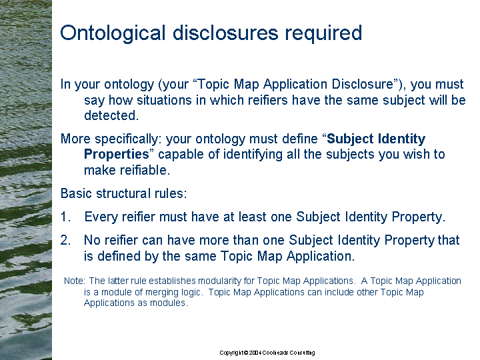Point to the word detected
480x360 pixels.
(111, 115)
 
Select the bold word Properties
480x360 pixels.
(116, 155)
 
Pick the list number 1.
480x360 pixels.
(65, 217)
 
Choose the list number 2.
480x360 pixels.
(65, 240)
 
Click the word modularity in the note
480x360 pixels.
(219, 281)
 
